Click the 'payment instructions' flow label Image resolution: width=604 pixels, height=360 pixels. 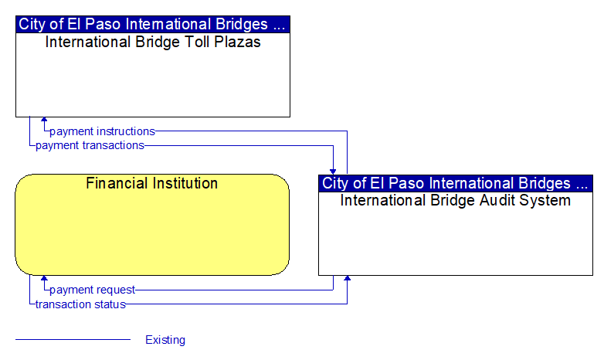coord(102,131)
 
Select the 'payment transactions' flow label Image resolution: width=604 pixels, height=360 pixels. coord(90,145)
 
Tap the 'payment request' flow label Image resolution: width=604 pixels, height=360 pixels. coord(92,290)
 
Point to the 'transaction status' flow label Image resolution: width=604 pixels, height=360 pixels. coord(80,304)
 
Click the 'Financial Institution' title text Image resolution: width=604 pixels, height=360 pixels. coord(151,183)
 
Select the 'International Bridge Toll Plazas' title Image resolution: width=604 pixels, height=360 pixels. coord(153,42)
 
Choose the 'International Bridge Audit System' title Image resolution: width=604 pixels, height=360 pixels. coord(455,200)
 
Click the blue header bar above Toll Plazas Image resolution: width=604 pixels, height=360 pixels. coord(153,24)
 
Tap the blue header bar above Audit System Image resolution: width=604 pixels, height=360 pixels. coord(456,183)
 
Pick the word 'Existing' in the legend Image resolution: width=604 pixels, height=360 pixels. coord(165,340)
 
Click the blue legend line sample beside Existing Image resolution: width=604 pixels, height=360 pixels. coord(73,340)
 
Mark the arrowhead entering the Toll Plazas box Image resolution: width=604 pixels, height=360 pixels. coord(44,120)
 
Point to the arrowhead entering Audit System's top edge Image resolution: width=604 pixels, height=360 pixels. coord(333,172)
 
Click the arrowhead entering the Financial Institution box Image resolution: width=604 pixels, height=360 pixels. coord(44,278)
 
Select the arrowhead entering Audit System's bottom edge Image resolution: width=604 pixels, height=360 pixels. coord(347,278)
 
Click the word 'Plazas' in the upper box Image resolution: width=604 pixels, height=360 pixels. coord(237,42)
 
